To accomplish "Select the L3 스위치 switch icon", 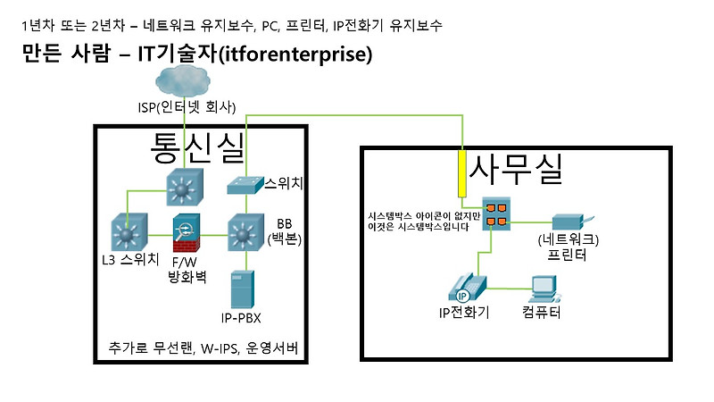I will [129, 234].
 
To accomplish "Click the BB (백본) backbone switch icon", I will [243, 234].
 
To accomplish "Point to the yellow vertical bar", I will [462, 173].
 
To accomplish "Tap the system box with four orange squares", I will [495, 214].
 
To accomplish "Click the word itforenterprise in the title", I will [294, 54].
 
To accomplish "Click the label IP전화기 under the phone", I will [463, 313].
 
